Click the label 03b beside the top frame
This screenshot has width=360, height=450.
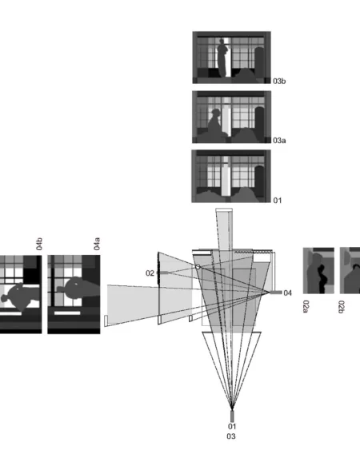tap(279, 82)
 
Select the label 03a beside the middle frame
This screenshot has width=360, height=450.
tap(279, 141)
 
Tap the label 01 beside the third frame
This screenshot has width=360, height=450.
tap(277, 201)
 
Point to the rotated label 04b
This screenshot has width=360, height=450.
tap(39, 244)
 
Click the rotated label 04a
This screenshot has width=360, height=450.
tap(97, 244)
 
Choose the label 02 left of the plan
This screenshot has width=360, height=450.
tap(150, 273)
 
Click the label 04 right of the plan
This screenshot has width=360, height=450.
tap(287, 293)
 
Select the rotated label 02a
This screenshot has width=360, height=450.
tap(306, 306)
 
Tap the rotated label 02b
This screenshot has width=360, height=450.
tap(341, 306)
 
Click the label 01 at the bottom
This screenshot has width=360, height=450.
tap(232, 427)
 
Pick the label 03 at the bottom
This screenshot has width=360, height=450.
tap(231, 436)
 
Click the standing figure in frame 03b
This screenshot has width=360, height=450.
tap(222, 58)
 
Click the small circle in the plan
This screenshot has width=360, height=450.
tap(198, 267)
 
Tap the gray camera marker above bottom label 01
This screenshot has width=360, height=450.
tap(232, 416)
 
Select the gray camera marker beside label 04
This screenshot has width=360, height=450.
tap(276, 293)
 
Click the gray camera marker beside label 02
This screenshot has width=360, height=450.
tap(163, 273)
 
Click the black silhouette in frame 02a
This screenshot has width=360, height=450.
tap(322, 279)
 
